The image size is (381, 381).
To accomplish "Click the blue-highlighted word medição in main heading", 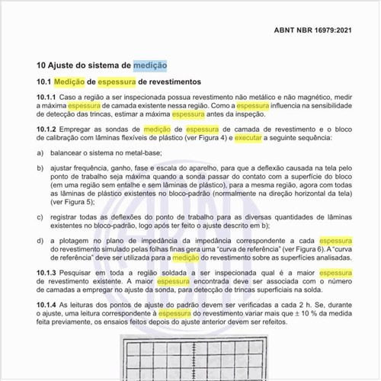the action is pos(150,66).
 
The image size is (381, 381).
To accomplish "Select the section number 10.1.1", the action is pos(46,98).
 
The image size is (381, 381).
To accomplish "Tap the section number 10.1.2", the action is pos(46,130).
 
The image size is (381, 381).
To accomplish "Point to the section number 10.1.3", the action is pos(46,272).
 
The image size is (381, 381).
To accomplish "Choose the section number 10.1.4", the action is pos(46,305).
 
